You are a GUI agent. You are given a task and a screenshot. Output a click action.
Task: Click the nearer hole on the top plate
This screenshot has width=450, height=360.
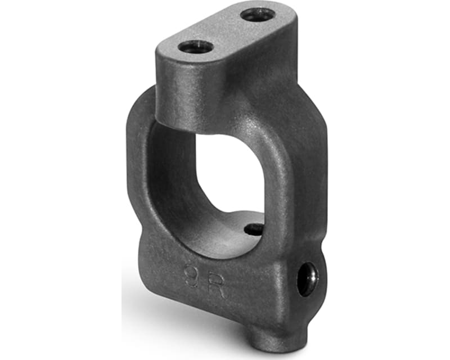click(197, 47)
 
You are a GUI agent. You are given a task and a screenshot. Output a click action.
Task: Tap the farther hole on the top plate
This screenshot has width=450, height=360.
click(258, 15)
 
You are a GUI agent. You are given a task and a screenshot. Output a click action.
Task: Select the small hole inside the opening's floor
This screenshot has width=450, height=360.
click(254, 229)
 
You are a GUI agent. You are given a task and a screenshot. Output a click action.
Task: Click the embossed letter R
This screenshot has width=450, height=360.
click(217, 286)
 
